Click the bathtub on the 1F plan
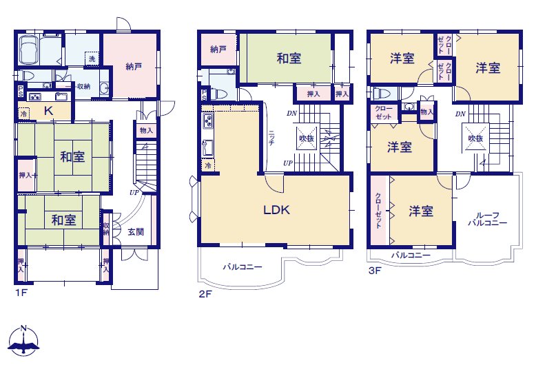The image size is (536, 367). [29, 50]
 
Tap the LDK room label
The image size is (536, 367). [276, 209]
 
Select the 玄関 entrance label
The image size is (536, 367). [136, 231]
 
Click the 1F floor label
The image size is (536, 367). [21, 293]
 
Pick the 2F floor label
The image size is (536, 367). [205, 294]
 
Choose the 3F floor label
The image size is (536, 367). [375, 271]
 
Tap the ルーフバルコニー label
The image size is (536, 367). [488, 219]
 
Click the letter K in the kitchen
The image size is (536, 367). [48, 110]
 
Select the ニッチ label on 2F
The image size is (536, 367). [271, 138]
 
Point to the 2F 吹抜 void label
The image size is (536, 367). [307, 138]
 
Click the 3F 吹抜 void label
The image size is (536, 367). [475, 138]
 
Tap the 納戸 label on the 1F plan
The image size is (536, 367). [134, 67]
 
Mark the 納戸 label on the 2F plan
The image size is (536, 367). [218, 50]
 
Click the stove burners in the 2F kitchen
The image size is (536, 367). [208, 121]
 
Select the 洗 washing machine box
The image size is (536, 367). [92, 59]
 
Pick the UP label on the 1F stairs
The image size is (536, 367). [134, 192]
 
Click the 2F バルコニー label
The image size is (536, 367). [243, 266]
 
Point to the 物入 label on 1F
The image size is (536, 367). [146, 130]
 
